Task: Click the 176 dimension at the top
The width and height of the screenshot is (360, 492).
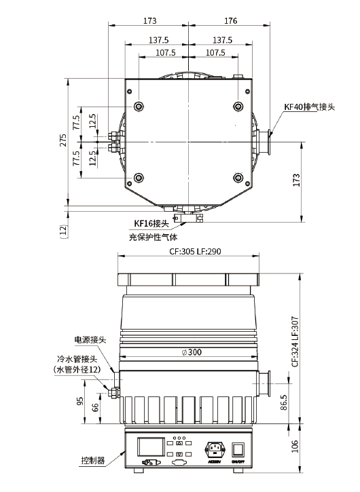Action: tap(230, 21)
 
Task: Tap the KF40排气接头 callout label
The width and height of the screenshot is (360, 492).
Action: tap(309, 107)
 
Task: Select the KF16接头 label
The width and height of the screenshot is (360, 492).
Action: tap(150, 223)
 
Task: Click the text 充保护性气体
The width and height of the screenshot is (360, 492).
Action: tap(152, 237)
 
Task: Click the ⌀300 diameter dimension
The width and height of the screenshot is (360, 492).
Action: tap(191, 352)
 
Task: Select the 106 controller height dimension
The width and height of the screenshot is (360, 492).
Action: tap(294, 446)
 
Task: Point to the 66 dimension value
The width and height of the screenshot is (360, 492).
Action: tap(95, 407)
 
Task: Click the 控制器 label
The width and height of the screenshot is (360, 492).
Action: tap(92, 460)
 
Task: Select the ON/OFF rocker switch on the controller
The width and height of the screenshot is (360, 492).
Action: tap(238, 449)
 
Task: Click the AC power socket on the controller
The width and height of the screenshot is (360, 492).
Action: tap(214, 449)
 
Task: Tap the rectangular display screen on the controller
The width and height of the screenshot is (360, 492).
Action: tap(149, 447)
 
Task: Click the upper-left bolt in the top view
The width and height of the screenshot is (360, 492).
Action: tap(139, 106)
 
